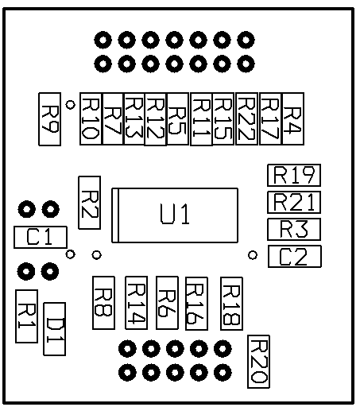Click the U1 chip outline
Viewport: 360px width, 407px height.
pos(175,188)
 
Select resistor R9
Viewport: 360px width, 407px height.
pos(50,119)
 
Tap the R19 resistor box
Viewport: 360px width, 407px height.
pos(294,175)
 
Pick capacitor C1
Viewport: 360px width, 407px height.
pos(41,237)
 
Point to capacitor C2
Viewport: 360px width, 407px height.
pos(295,256)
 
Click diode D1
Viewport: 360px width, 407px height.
pos(55,329)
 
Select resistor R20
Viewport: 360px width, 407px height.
pos(258,362)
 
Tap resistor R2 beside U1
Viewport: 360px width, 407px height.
pos(90,203)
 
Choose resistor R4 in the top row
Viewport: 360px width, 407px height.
pos(293,118)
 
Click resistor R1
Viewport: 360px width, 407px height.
pos(27,316)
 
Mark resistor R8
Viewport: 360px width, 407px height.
pos(103,303)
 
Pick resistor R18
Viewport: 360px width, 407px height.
pos(231,304)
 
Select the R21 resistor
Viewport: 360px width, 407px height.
pos(294,202)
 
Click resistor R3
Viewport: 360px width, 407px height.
pos(294,229)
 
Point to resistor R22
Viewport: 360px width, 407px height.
pos(246,118)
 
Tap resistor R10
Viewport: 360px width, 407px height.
pos(91,118)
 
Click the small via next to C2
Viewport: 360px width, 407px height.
pos(253,255)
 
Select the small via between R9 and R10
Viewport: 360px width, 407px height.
pos(70,104)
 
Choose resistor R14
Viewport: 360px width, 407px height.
pos(136,303)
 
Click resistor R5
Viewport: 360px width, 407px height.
pos(178,118)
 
